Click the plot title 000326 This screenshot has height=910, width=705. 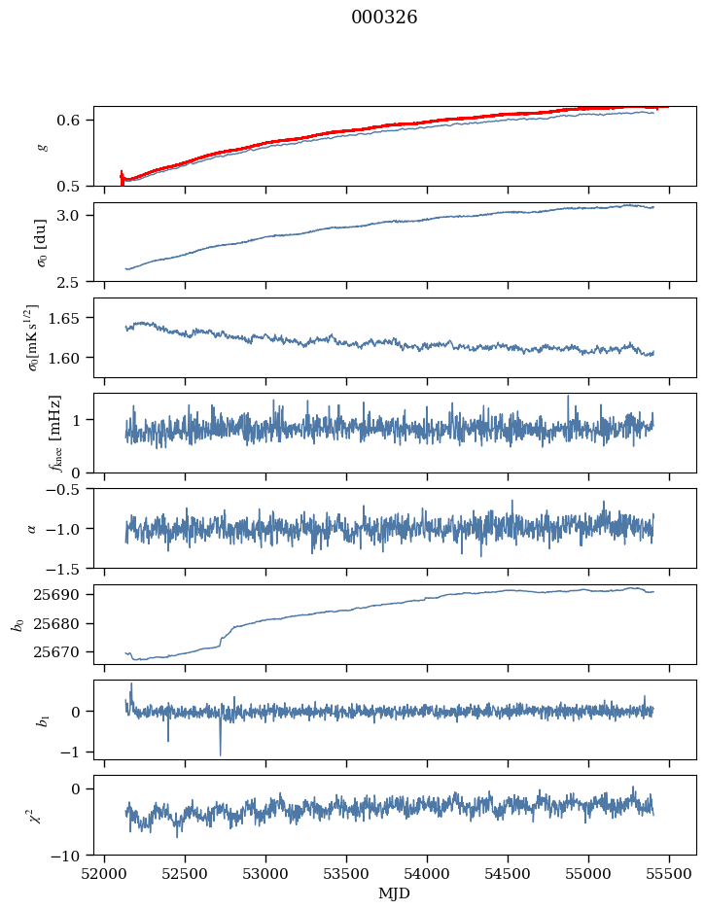tap(384, 17)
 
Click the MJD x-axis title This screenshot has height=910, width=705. tap(394, 892)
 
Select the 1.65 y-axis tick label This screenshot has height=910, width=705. tap(72, 318)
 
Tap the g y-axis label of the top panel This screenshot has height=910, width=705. tap(41, 146)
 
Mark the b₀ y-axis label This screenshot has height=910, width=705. tap(17, 624)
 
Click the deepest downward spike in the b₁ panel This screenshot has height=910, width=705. tap(220, 752)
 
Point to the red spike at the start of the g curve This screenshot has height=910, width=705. tap(122, 176)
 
